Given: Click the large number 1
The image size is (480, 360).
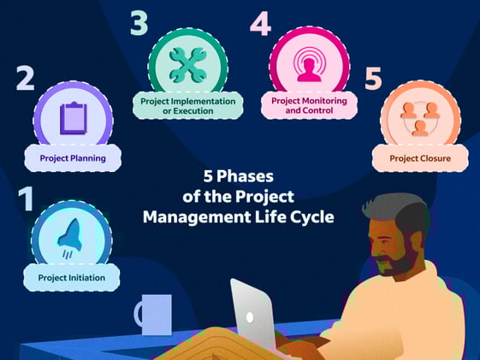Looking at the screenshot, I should click(27, 198).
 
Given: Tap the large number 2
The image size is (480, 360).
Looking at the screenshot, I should click(26, 80).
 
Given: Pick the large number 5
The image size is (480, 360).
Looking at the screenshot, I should click(373, 79).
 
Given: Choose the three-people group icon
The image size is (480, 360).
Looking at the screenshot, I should click(420, 117).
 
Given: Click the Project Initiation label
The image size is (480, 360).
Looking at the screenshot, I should click(72, 277).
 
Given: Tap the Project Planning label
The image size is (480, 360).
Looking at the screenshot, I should click(73, 158).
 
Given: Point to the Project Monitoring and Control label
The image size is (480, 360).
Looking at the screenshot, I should click(309, 105).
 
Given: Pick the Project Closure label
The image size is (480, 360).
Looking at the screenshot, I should click(420, 157).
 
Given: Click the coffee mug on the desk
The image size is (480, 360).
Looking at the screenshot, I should click(156, 315).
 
